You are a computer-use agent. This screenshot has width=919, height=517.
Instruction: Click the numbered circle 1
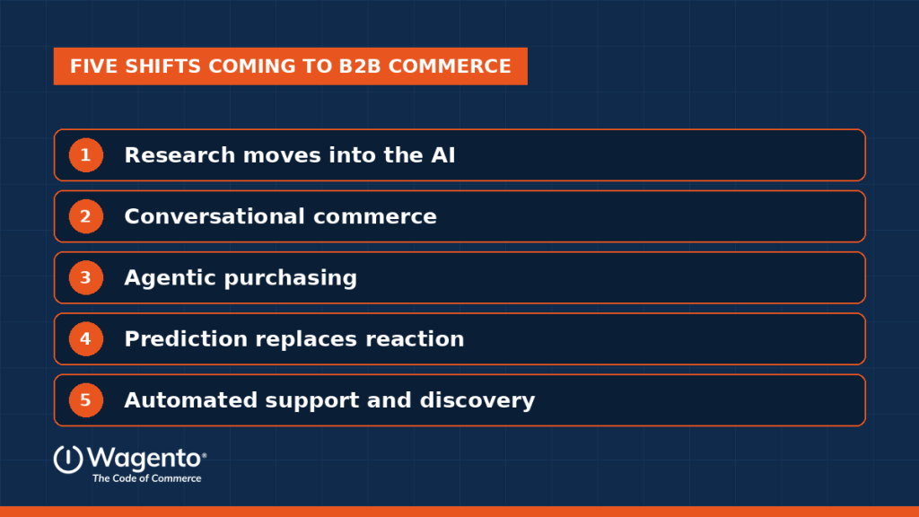coord(85,155)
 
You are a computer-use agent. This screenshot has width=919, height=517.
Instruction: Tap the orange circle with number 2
coord(85,216)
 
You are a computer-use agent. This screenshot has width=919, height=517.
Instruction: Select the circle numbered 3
coord(85,278)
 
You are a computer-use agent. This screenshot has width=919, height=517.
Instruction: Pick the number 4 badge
coord(85,338)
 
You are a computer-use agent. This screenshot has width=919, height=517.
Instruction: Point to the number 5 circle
coord(85,400)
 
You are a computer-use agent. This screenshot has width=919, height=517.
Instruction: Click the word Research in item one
coord(179,155)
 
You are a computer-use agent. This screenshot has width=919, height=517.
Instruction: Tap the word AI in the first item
coord(443,155)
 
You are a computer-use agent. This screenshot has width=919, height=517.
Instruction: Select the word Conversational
coord(214,216)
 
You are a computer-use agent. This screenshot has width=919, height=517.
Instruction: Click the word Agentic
coord(170,278)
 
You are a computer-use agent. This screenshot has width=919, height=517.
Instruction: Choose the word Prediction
coord(186,338)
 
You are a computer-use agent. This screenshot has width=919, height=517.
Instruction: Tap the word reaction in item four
coord(415,338)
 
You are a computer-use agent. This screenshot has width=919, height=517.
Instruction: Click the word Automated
coord(191,400)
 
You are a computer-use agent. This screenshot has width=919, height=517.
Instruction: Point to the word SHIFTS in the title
coord(163,66)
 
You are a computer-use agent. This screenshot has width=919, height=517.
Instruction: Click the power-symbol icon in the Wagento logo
coord(68,460)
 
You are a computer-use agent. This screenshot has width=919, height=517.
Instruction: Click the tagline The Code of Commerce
coord(146,478)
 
